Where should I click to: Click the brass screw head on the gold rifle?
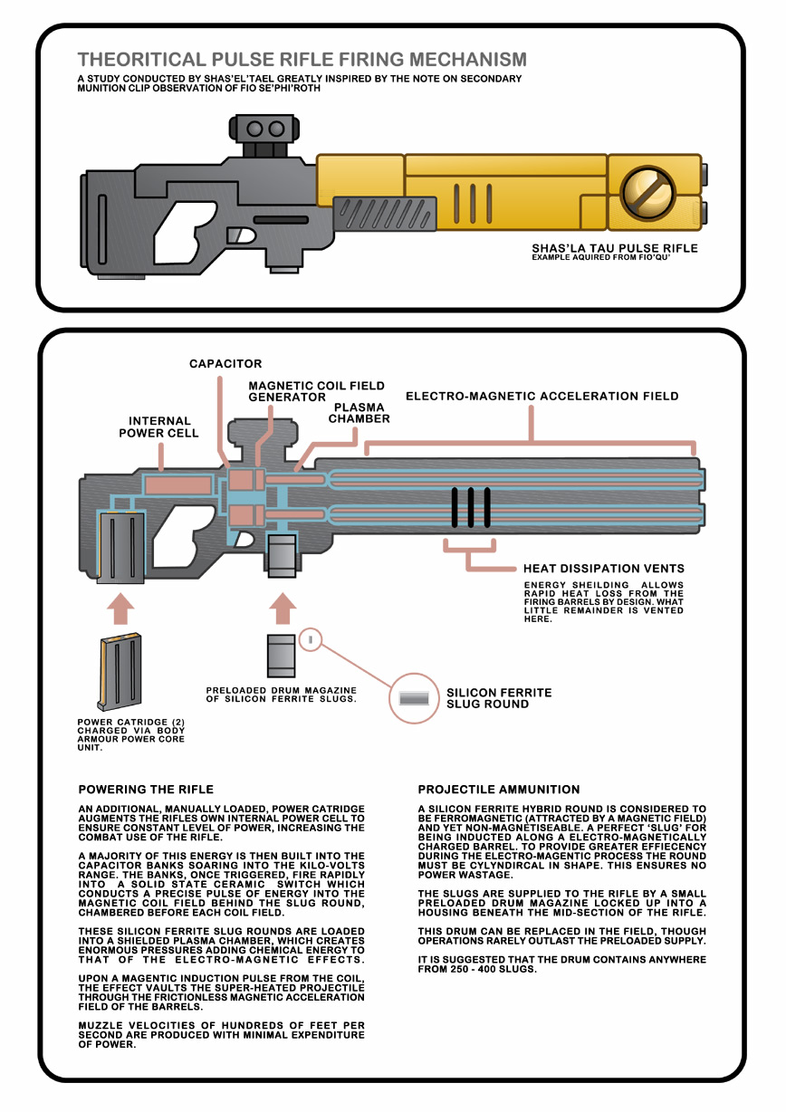[x=646, y=191]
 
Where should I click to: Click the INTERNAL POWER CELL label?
[x=159, y=427]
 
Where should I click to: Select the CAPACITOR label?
[x=225, y=364]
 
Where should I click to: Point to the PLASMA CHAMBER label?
[x=359, y=413]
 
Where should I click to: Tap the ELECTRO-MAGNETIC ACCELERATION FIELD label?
[x=542, y=396]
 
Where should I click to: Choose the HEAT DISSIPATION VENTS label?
[x=603, y=569]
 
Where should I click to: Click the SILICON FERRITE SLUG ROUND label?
[x=499, y=698]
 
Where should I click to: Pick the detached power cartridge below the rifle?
[x=120, y=671]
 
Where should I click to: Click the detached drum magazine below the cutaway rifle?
[x=282, y=656]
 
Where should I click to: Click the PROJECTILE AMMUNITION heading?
[x=499, y=790]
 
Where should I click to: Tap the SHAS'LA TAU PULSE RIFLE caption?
[x=615, y=247]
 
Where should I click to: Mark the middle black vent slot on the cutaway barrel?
[x=471, y=506]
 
